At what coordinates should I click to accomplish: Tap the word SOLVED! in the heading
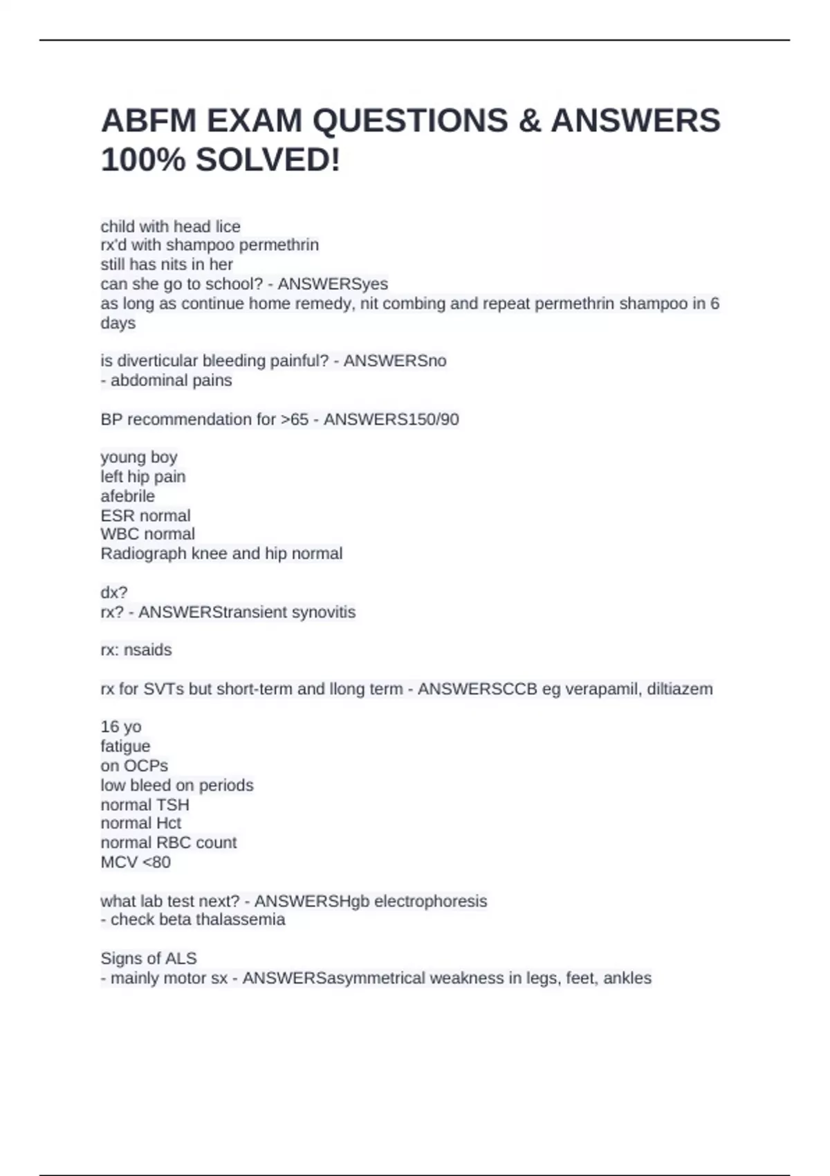[268, 160]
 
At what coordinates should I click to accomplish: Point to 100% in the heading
[143, 160]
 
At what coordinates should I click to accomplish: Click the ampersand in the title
[529, 120]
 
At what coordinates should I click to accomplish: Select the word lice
[227, 226]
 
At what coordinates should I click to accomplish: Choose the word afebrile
[127, 496]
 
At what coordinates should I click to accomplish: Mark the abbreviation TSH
[173, 805]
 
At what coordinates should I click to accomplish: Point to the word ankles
[627, 978]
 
